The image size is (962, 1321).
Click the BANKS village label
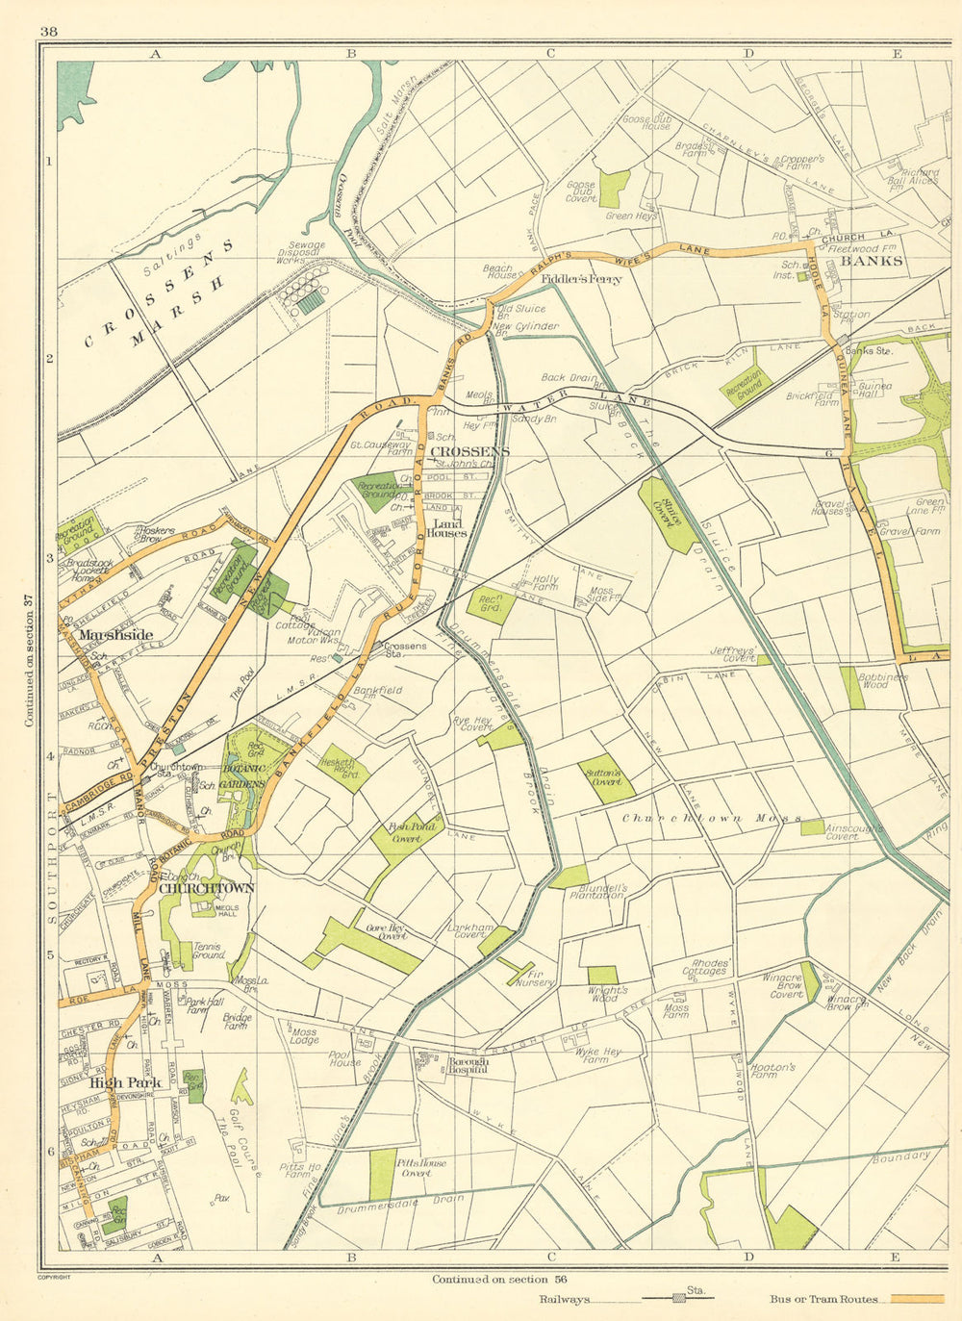[872, 261]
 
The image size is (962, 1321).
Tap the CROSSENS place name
[469, 451]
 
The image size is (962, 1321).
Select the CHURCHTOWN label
[206, 888]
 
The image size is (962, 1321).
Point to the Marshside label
[115, 635]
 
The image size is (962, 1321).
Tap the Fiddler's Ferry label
[581, 280]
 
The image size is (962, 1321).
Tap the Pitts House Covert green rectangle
[383, 1174]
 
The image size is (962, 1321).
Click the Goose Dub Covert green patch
[614, 189]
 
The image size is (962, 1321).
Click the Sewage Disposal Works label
[301, 252]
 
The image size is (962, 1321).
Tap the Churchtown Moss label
[711, 819]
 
